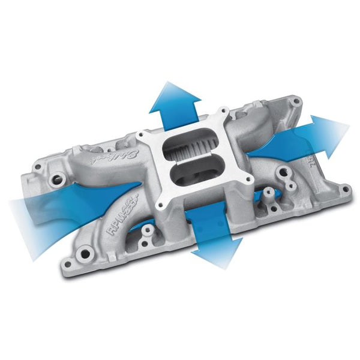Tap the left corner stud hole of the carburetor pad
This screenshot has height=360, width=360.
pos(146,137)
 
